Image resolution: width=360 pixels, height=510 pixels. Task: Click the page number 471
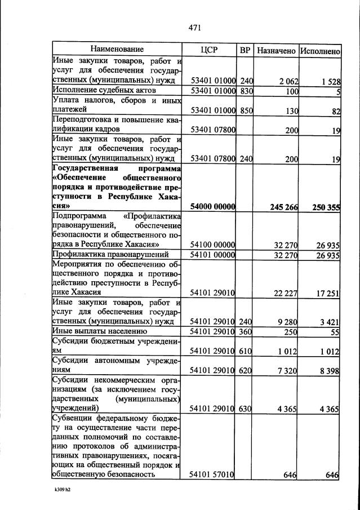click(x=195, y=27)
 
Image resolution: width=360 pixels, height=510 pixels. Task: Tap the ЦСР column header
click(x=209, y=50)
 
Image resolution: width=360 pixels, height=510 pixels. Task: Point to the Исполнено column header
click(x=319, y=51)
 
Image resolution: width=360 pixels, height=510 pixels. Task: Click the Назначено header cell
click(x=276, y=51)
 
